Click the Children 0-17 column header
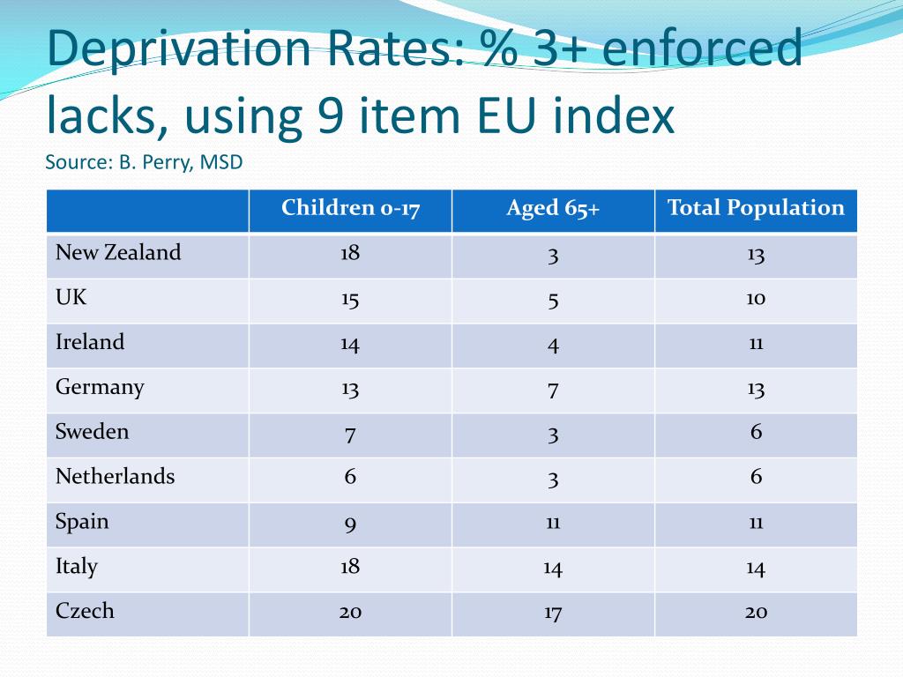click(350, 209)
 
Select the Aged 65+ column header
click(553, 209)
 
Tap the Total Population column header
click(756, 209)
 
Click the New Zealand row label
click(118, 253)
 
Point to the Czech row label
click(85, 611)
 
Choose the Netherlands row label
click(116, 477)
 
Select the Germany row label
click(100, 387)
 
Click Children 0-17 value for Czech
click(350, 613)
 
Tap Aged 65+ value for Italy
click(553, 568)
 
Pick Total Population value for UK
click(756, 298)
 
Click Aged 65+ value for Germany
click(553, 389)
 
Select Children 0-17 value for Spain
click(350, 524)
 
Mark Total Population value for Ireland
click(756, 343)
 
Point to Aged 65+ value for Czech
click(553, 613)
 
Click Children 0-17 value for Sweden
click(350, 434)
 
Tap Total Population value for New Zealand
click(756, 255)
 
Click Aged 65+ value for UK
click(553, 300)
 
